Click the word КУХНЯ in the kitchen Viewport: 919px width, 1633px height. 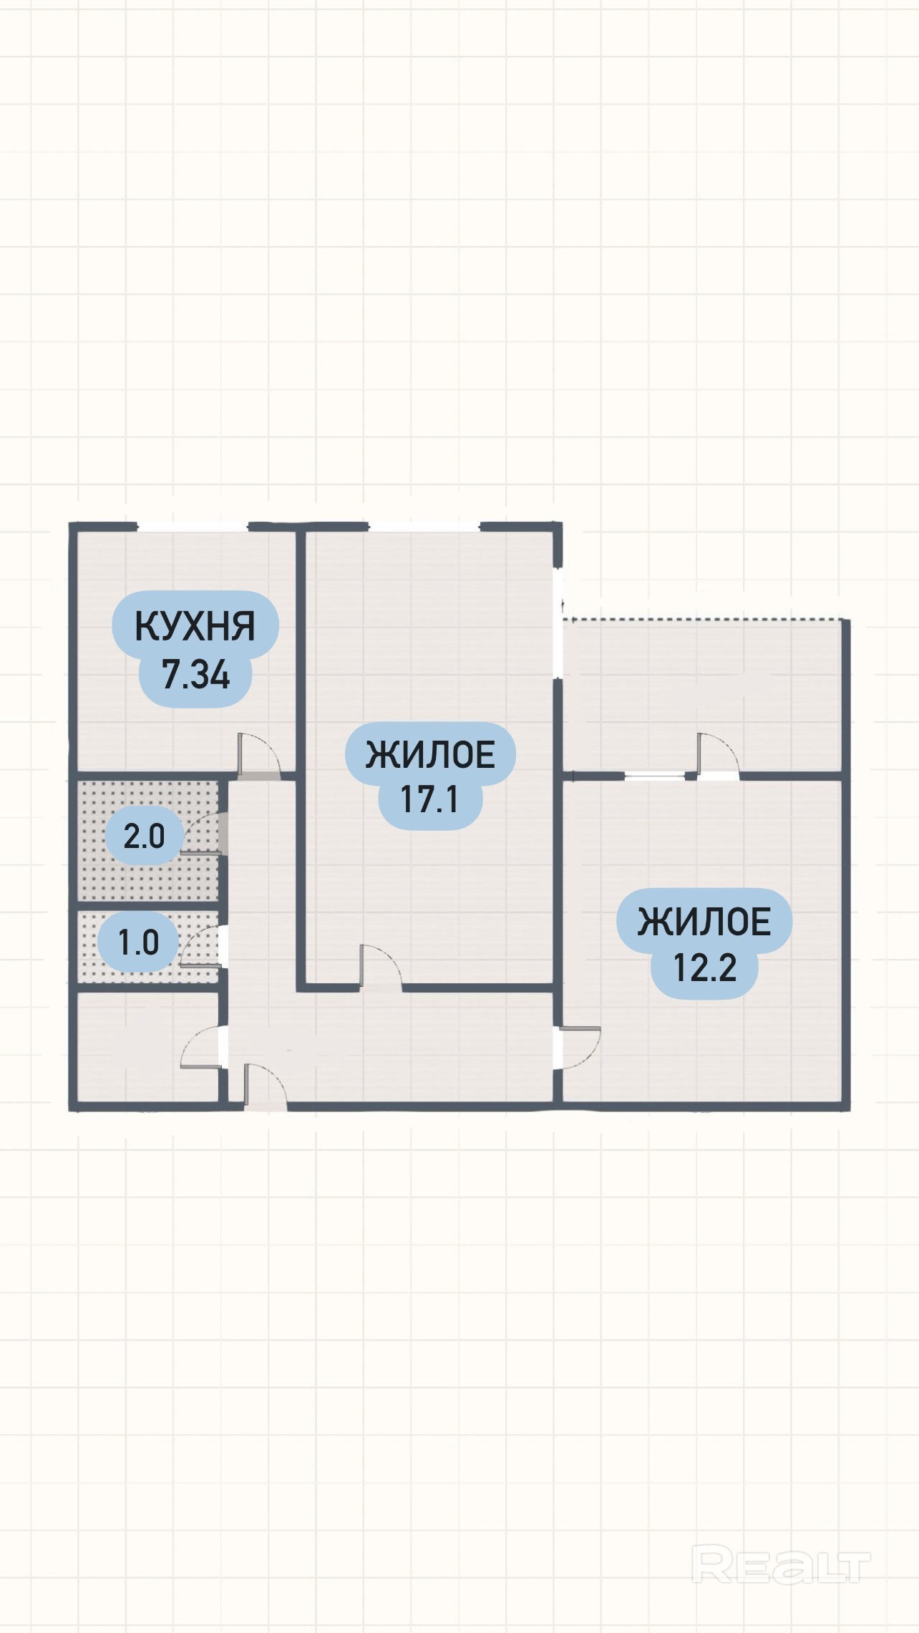click(195, 626)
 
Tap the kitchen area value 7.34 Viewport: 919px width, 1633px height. click(196, 674)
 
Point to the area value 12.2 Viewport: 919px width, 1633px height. click(705, 967)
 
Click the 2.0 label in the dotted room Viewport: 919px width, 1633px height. click(144, 836)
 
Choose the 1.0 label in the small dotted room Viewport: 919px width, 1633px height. click(138, 942)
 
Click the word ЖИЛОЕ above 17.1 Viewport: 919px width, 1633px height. click(430, 755)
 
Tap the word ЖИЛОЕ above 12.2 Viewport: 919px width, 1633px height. click(704, 922)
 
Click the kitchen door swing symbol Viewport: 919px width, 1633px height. click(258, 754)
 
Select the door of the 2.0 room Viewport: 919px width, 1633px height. click(204, 834)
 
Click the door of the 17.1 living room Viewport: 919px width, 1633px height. click(381, 967)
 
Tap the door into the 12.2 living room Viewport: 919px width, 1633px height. click(578, 1048)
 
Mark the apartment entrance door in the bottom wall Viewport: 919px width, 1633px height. click(266, 1086)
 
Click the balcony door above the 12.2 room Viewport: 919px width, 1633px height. click(718, 756)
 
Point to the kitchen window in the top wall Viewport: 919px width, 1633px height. click(193, 527)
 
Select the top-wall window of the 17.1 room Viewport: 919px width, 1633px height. click(424, 527)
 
